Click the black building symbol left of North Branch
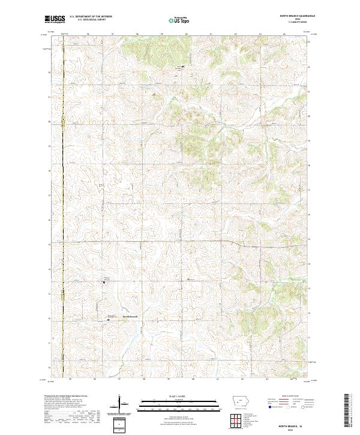(x=108, y=319)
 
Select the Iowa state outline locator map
(x=240, y=403)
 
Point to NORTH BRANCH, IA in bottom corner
(x=289, y=424)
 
